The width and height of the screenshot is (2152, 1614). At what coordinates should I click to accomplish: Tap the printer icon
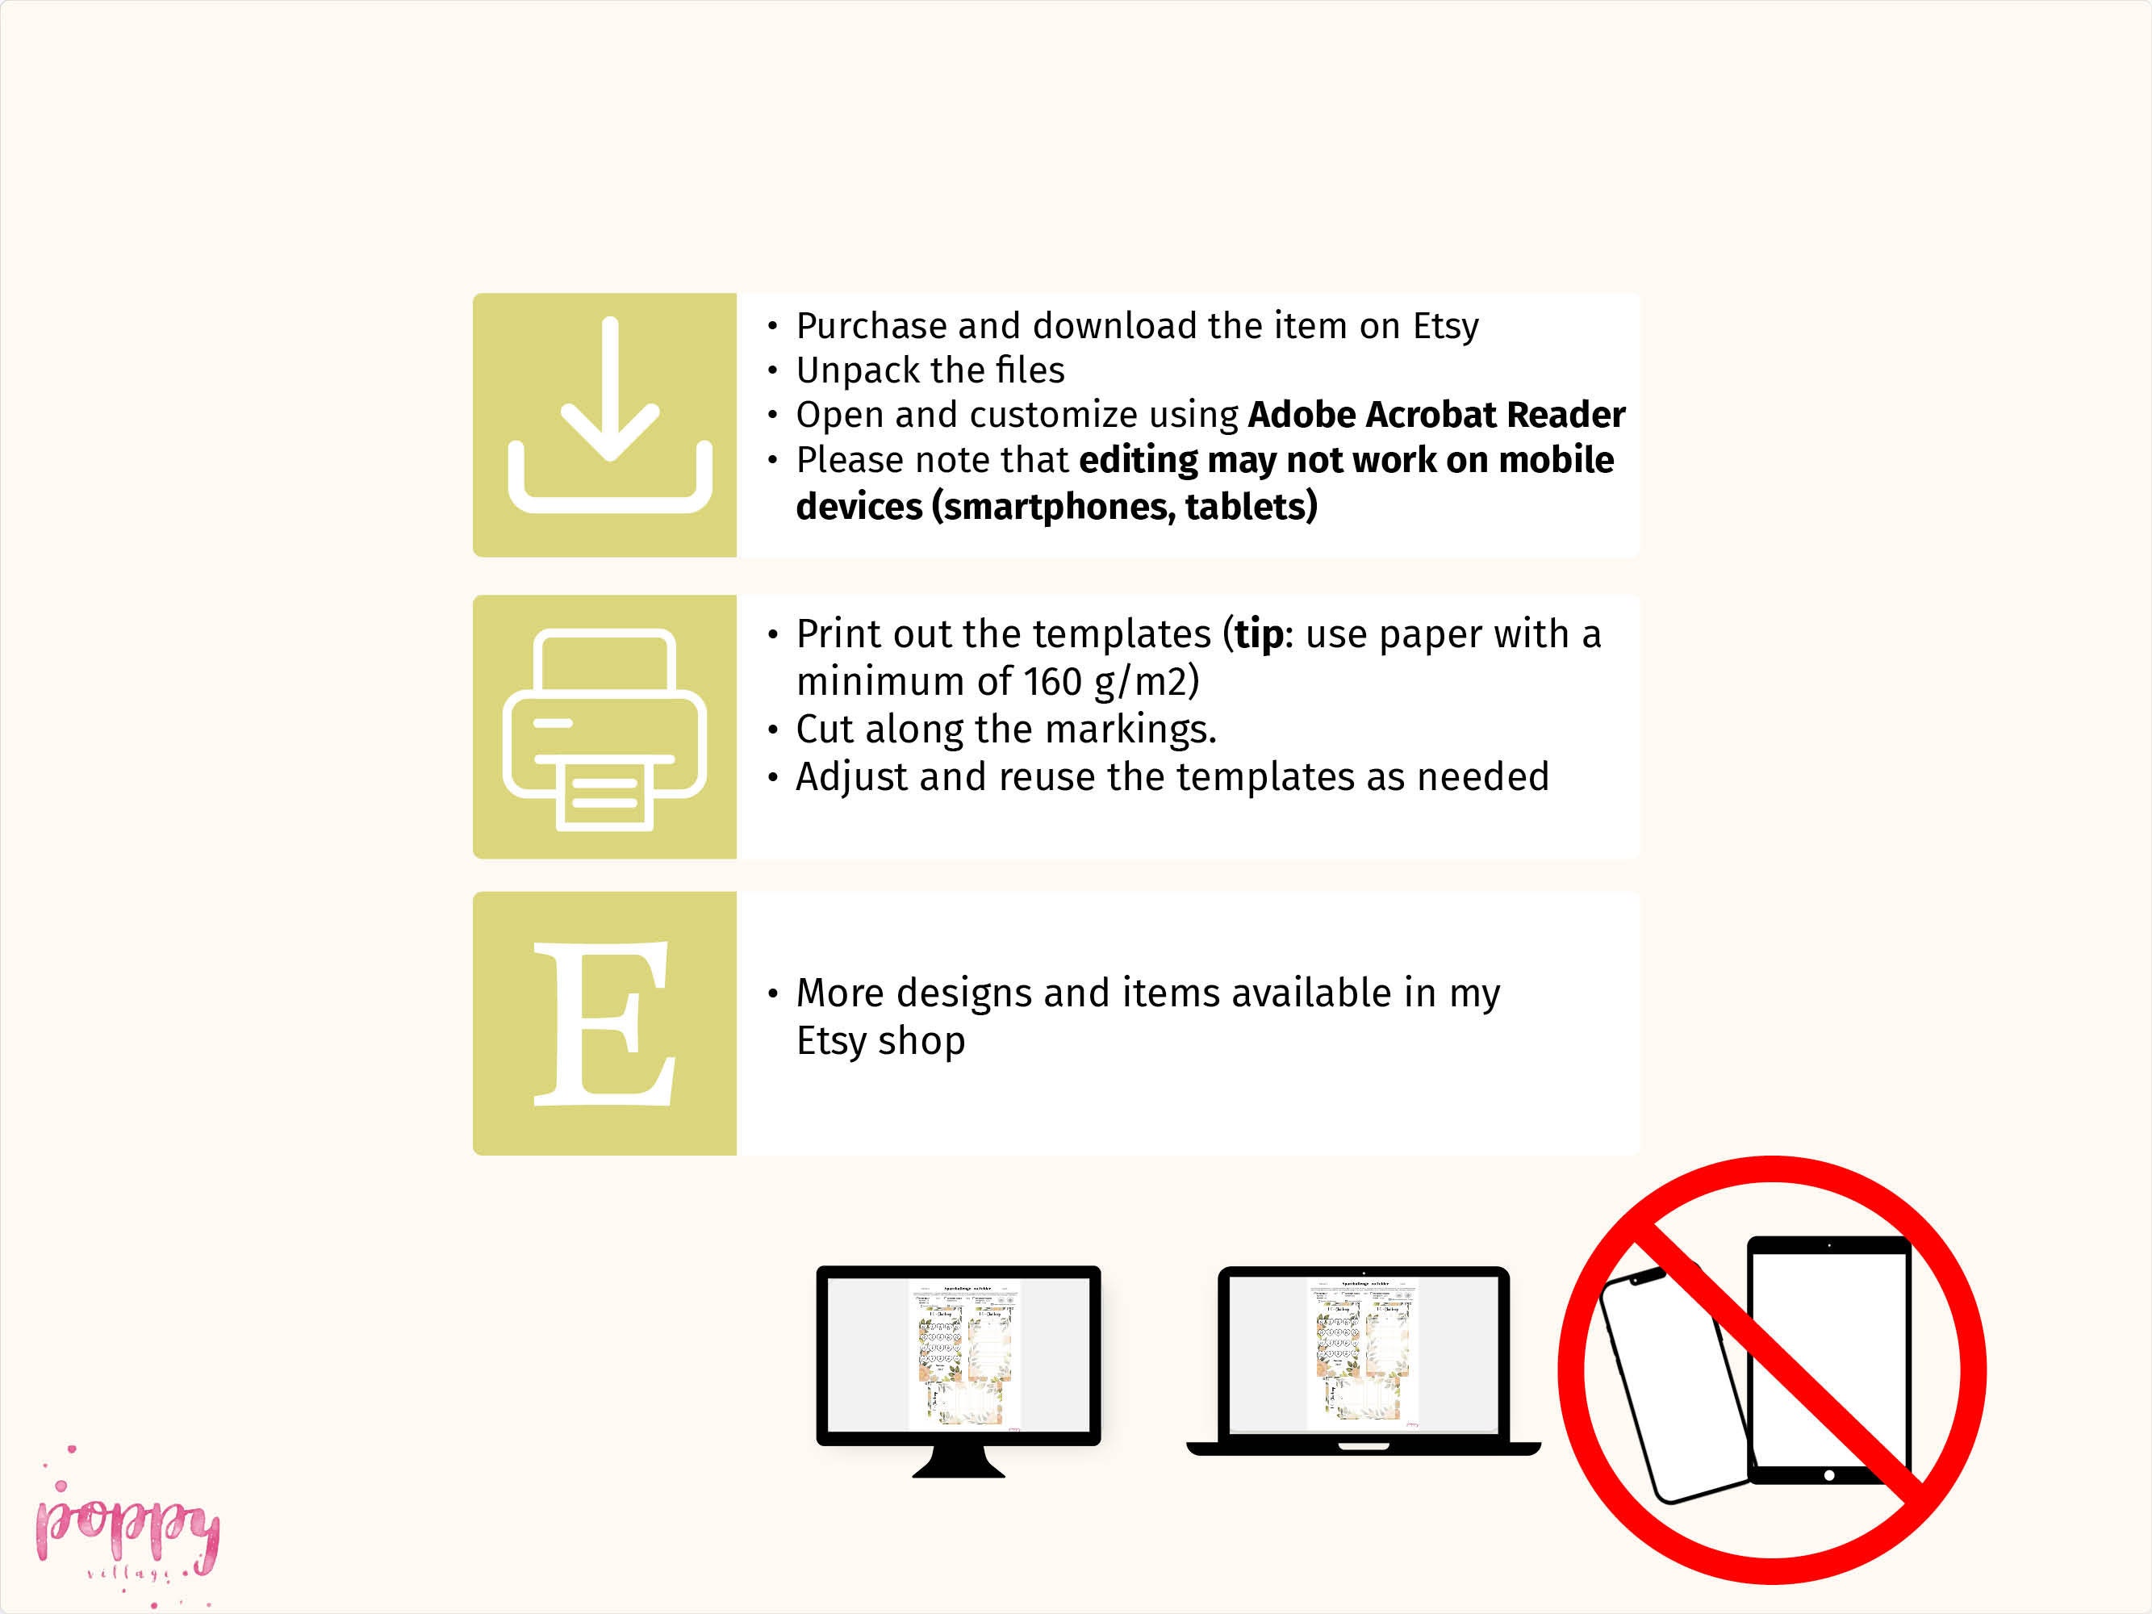pyautogui.click(x=604, y=729)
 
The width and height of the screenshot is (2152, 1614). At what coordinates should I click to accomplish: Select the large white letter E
pyautogui.click(x=604, y=1023)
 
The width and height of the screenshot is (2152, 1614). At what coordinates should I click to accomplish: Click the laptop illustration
pyautogui.click(x=1363, y=1357)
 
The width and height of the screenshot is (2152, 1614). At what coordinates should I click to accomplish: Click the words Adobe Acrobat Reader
pyautogui.click(x=1436, y=416)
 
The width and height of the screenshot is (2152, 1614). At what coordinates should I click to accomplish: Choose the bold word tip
pyautogui.click(x=1259, y=634)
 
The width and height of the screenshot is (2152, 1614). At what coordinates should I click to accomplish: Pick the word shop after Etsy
pyautogui.click(x=921, y=1041)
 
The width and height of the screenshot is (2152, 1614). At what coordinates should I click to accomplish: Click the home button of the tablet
pyautogui.click(x=1829, y=1476)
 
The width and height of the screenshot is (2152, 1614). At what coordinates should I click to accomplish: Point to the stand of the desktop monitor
pyautogui.click(x=959, y=1461)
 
